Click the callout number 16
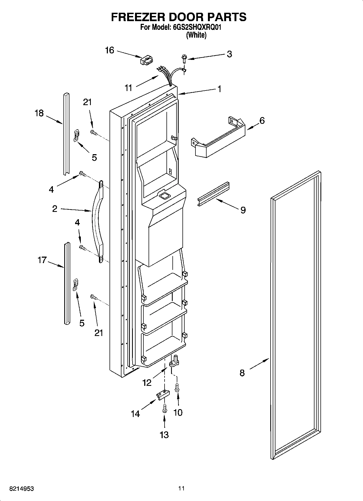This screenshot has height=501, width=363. coord(110,50)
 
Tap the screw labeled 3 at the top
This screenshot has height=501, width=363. coord(185,59)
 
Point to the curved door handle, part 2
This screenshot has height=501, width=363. coord(97,221)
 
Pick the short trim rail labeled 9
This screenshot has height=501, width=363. coord(213,194)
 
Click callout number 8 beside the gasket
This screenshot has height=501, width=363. coord(242,373)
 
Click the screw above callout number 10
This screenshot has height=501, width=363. coord(178,387)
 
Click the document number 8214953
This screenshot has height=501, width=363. coord(22,489)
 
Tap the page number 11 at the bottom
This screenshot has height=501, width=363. coord(181,489)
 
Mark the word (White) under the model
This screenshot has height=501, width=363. coord(196,35)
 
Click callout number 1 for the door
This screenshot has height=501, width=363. coord(219,89)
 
